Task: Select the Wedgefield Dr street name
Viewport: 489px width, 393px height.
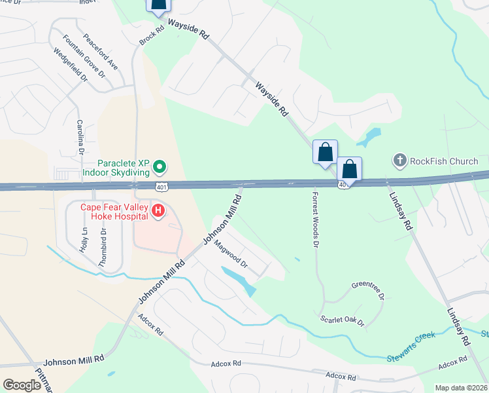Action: pyautogui.click(x=70, y=65)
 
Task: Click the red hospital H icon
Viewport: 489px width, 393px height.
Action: pyautogui.click(x=158, y=211)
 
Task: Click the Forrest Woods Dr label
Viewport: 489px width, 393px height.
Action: pyautogui.click(x=315, y=219)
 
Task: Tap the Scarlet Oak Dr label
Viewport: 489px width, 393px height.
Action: pyautogui.click(x=341, y=320)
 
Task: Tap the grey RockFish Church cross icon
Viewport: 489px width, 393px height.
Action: pyautogui.click(x=399, y=160)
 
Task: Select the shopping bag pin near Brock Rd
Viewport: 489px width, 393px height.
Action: pyautogui.click(x=158, y=5)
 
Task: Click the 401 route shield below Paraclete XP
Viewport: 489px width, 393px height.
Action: pyautogui.click(x=160, y=188)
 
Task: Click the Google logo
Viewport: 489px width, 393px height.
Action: pyautogui.click(x=22, y=385)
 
